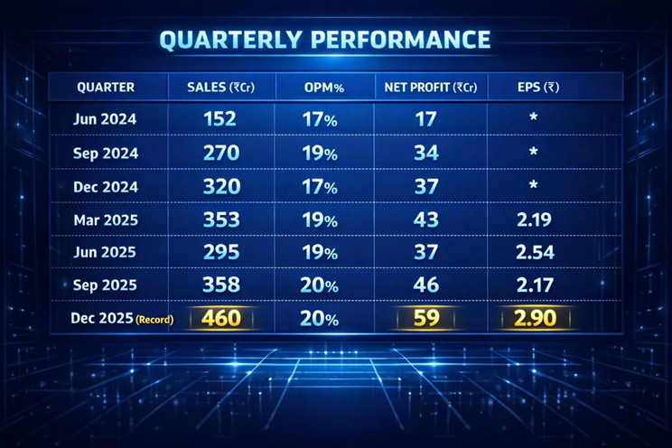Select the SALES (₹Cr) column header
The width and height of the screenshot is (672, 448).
coord(220,88)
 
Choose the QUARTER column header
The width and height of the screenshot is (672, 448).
coord(106,88)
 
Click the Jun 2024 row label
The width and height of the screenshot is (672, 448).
coord(106,118)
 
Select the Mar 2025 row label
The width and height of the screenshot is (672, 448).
coord(106,219)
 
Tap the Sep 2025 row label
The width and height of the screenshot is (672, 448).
coord(106,285)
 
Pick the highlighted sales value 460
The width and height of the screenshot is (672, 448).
coord(220,319)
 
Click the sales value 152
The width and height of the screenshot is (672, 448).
coord(220,118)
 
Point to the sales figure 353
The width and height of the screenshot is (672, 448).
coord(220,219)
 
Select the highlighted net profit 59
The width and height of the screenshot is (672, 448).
coord(425,319)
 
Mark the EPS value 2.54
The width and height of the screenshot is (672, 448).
coord(534,252)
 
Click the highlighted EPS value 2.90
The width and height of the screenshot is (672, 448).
coord(534,319)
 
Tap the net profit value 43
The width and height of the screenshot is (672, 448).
coord(425,219)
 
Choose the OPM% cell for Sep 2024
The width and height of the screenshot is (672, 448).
coord(319,153)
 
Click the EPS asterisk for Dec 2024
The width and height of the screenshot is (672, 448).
coord(534,186)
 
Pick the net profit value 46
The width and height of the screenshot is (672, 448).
coord(425,285)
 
